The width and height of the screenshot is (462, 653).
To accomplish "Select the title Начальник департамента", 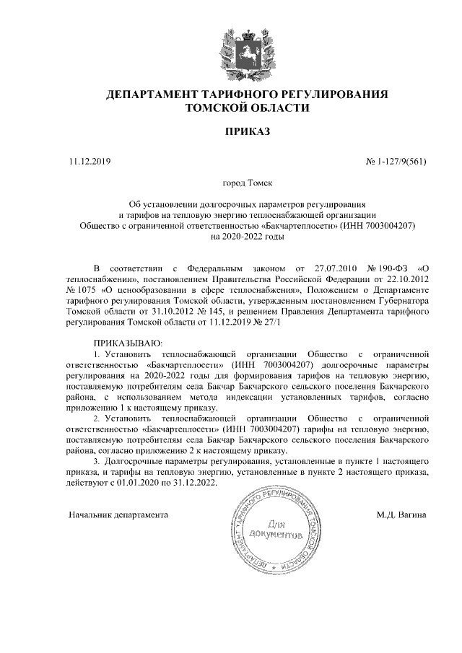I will point(118,515).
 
